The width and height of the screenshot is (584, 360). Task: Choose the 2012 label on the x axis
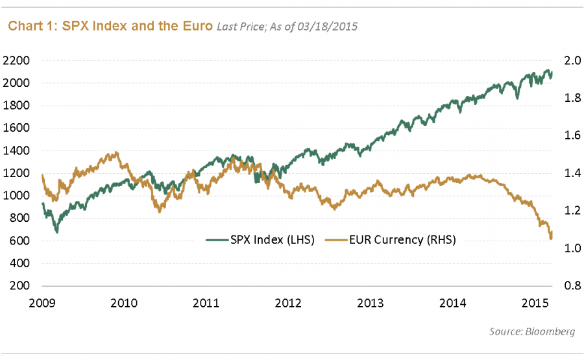[x=288, y=302]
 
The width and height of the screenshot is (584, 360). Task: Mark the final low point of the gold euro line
[x=551, y=239]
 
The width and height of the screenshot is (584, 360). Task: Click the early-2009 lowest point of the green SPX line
[x=57, y=232]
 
